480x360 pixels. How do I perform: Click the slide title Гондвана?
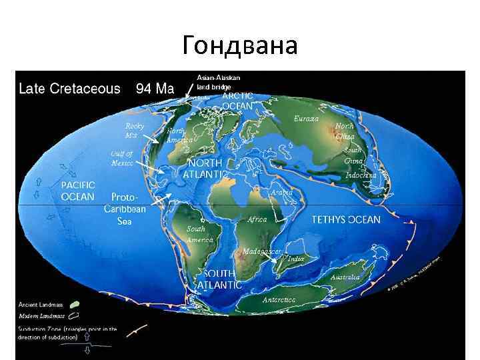point(239,45)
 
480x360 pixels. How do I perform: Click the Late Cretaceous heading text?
point(69,89)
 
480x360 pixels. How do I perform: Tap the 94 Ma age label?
point(155,89)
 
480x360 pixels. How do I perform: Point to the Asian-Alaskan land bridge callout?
point(214,83)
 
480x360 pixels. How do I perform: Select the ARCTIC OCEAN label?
point(237,101)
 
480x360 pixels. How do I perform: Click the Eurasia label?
point(306,119)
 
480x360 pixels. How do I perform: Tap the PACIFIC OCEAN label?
point(78,191)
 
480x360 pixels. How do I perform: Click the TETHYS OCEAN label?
point(346,219)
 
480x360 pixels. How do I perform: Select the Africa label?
point(257,219)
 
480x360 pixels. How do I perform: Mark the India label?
point(295,258)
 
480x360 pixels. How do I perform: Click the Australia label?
point(345,277)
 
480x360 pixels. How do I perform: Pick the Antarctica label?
point(279,300)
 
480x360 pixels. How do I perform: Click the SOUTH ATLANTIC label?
point(219,279)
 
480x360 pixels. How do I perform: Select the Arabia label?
point(281,192)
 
